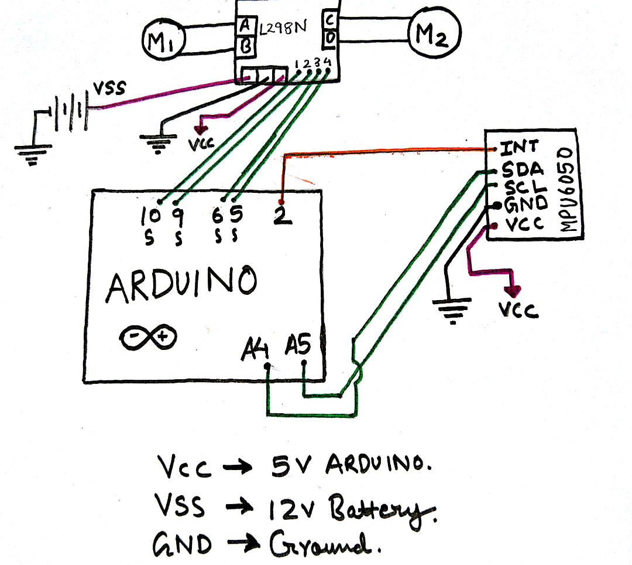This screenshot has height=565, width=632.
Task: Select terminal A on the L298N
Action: [x=245, y=26]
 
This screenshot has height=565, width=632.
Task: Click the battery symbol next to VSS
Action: [x=69, y=111]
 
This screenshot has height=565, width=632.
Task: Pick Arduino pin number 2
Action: [x=281, y=216]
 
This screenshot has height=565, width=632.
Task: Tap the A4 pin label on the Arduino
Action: [x=256, y=350]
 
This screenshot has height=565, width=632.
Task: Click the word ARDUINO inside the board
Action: [x=181, y=285]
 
